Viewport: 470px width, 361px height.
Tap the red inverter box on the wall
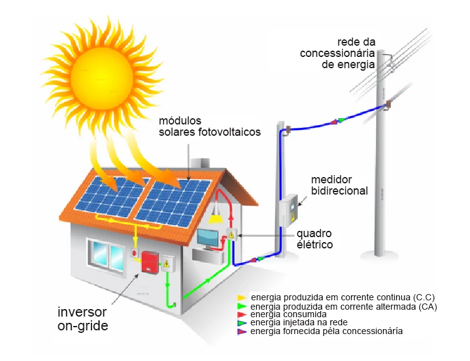[x=149, y=262]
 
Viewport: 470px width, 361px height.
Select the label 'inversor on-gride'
[x=82, y=318]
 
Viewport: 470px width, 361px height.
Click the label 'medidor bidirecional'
[x=339, y=185]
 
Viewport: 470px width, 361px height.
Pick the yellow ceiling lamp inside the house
[x=216, y=218]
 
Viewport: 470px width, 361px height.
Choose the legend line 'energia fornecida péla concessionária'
[x=326, y=331]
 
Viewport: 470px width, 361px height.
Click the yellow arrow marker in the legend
[x=242, y=297]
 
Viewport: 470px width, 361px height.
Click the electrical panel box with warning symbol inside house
[x=231, y=235]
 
